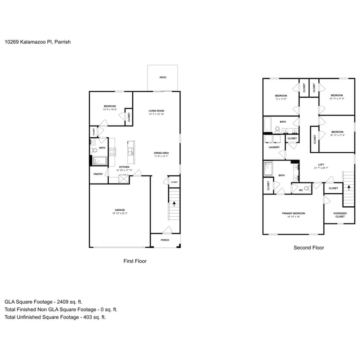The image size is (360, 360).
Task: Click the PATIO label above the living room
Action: (x=163, y=78)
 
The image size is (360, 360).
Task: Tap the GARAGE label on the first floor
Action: (x=119, y=210)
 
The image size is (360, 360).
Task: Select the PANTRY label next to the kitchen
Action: (x=98, y=174)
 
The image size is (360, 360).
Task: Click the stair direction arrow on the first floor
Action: (x=174, y=205)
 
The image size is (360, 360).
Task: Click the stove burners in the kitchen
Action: (x=113, y=152)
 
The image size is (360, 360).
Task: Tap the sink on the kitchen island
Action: (x=131, y=152)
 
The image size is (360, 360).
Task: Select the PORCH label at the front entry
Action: (x=165, y=240)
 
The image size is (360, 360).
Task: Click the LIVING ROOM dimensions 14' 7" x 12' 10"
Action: (x=156, y=114)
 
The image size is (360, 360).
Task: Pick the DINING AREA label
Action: (x=162, y=153)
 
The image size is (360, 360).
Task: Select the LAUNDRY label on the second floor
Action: (x=274, y=147)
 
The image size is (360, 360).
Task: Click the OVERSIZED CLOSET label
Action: (x=340, y=215)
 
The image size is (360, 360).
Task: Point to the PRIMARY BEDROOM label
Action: (x=293, y=213)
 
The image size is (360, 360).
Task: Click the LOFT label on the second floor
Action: (x=321, y=165)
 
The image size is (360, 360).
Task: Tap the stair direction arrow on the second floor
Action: (x=348, y=187)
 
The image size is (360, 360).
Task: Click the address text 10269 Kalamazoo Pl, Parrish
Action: (x=38, y=42)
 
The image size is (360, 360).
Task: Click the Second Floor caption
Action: (x=308, y=248)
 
